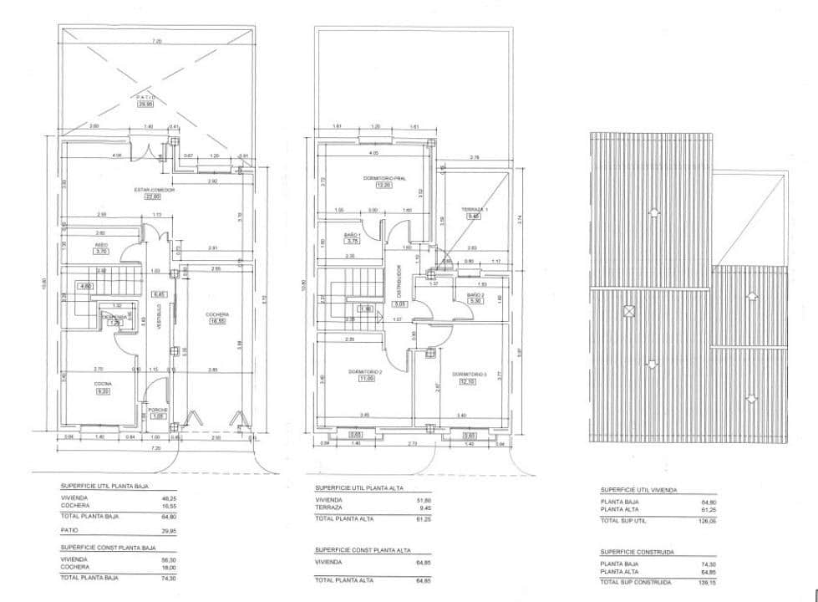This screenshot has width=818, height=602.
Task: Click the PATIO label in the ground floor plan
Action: pos(146,98)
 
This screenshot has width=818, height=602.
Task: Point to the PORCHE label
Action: pos(158,409)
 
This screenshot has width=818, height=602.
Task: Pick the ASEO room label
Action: pos(101,244)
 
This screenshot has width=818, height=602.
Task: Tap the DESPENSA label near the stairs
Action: pos(114,317)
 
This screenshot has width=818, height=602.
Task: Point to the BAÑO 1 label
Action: pos(352,236)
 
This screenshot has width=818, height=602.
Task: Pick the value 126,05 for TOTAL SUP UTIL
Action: pos(707,520)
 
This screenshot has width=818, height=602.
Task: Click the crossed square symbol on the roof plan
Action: pos(629,311)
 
